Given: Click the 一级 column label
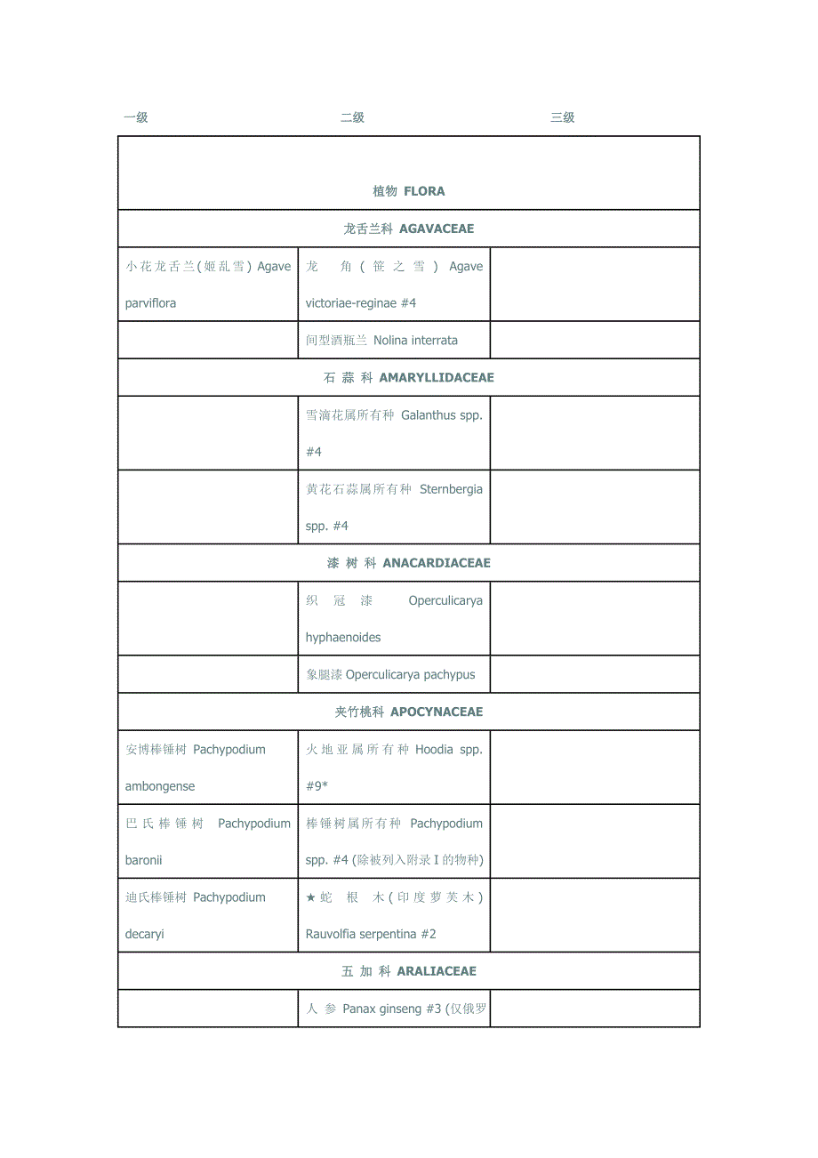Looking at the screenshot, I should [x=136, y=117].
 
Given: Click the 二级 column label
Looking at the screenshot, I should [x=353, y=117].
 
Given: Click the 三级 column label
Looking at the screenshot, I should [x=563, y=117].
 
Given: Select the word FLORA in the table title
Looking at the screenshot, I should [x=424, y=191].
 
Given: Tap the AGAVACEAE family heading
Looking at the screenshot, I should [x=437, y=229].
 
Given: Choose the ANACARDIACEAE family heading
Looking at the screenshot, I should [x=437, y=563].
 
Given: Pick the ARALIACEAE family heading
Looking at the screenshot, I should [x=435, y=971].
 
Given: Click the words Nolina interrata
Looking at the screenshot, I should [x=415, y=341].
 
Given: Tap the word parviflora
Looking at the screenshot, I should [x=151, y=303].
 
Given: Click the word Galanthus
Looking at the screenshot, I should [x=429, y=415].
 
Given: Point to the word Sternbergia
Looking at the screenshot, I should [x=451, y=489].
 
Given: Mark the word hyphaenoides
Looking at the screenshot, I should [x=343, y=638].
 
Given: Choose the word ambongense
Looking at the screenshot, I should [x=160, y=786].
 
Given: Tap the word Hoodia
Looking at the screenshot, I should [x=434, y=750].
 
